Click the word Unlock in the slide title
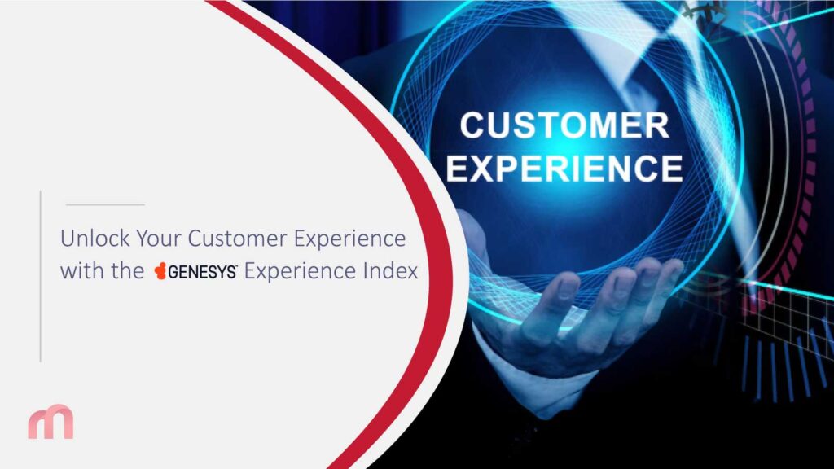90,240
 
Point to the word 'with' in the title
80,271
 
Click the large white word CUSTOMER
564,125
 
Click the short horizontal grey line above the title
104,204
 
